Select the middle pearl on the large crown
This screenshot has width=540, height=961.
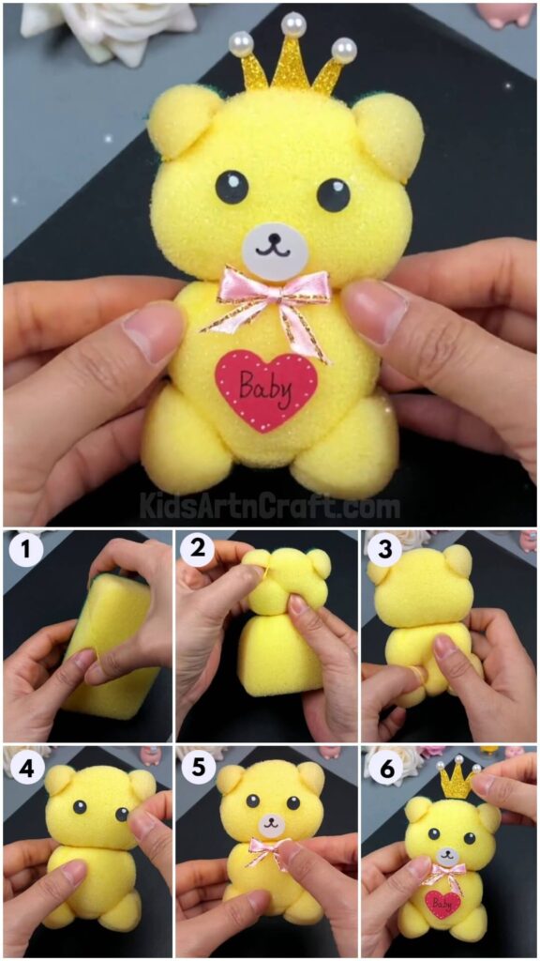(294, 23)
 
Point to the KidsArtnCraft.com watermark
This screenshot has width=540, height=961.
(270, 507)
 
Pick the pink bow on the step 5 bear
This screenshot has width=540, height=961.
(269, 852)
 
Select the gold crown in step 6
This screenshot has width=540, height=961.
(456, 778)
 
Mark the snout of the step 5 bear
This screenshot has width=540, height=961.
(271, 827)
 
